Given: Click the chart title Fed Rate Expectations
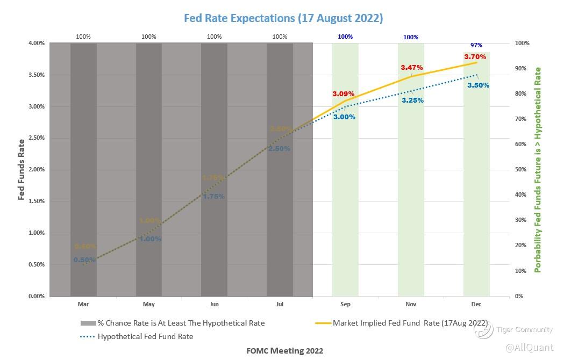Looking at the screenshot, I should [283, 18].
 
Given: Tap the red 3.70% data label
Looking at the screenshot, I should [475, 56].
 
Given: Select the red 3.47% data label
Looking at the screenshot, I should [411, 68].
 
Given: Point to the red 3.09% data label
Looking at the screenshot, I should [343, 94].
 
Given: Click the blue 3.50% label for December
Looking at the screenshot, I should [478, 85].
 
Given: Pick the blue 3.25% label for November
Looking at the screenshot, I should [412, 100].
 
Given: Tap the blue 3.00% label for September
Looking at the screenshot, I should [344, 117].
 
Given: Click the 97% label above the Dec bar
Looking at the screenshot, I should [476, 46].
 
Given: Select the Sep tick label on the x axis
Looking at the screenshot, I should [345, 305].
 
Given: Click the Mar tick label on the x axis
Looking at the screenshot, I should [83, 305].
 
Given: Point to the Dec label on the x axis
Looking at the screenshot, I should [476, 305].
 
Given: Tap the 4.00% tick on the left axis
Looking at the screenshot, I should [35, 44].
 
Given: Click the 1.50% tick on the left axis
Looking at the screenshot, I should [35, 201].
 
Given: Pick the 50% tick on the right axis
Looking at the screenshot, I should [520, 170].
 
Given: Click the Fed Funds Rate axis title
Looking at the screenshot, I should [22, 170].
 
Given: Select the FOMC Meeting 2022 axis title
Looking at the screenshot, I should [285, 351].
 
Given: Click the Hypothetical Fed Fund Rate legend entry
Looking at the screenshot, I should [145, 337].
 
